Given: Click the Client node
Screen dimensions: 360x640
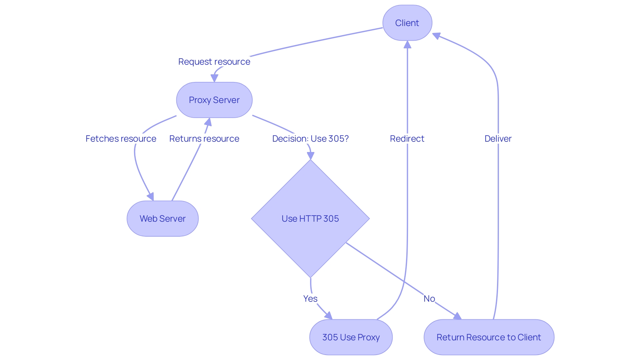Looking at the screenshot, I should [x=407, y=23].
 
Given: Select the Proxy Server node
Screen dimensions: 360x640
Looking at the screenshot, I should [x=214, y=100].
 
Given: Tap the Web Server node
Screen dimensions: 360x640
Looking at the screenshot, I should [x=162, y=219].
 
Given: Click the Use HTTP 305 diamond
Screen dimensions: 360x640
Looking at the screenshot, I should [x=310, y=219].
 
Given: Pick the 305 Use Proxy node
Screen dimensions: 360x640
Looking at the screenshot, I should [x=351, y=337].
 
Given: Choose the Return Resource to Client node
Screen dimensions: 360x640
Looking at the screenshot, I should [x=489, y=337].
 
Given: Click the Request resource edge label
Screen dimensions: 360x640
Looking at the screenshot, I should [x=214, y=62].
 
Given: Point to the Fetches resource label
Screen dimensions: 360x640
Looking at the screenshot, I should [x=121, y=139].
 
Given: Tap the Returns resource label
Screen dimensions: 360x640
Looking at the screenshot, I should [x=204, y=139].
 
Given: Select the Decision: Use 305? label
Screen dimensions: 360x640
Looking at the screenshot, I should [x=310, y=139].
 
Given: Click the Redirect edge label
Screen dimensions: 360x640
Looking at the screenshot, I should [x=407, y=139].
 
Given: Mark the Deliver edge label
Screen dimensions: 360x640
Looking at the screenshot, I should [x=498, y=139].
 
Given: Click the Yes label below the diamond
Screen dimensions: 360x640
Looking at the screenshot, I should [x=310, y=299].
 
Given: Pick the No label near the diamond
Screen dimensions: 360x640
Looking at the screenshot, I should [x=429, y=299].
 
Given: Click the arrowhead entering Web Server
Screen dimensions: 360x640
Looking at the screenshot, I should [x=151, y=197].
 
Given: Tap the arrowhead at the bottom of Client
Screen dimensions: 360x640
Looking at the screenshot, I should [x=407, y=44].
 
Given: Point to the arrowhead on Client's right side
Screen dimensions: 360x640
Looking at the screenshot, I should [x=436, y=35].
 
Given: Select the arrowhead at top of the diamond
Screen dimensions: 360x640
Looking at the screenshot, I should [x=310, y=156].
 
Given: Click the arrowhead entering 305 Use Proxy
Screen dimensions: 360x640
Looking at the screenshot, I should [x=329, y=316].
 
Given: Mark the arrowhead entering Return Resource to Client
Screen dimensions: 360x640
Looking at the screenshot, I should [x=458, y=316].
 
